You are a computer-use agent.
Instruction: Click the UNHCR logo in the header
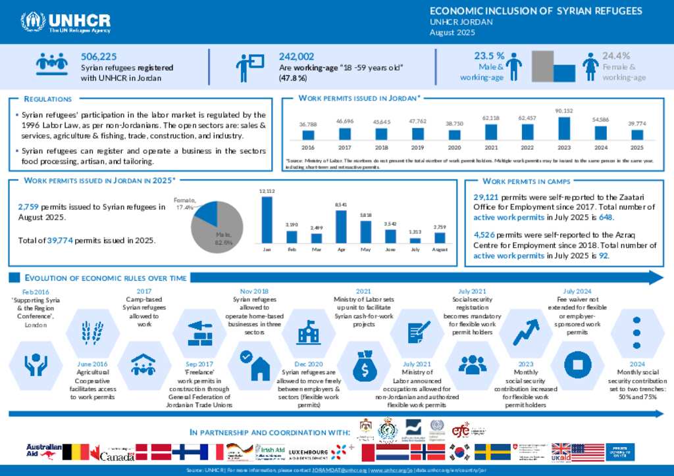click(66, 22)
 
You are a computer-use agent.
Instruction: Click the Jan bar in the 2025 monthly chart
click(267, 220)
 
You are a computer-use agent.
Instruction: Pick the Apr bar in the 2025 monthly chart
click(341, 226)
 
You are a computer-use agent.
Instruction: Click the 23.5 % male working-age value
click(489, 56)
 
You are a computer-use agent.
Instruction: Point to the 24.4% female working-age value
click(616, 56)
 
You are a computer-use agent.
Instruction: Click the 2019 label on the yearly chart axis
click(417, 148)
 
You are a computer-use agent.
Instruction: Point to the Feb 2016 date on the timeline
click(36, 291)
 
